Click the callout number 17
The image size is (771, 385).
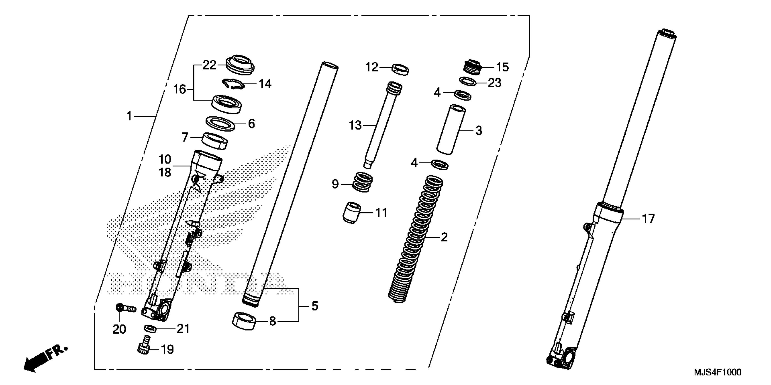click(648, 219)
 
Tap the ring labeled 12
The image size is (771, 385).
click(400, 69)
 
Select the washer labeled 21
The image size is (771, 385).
click(150, 328)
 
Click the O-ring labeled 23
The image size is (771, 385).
click(468, 81)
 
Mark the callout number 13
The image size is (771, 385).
click(355, 125)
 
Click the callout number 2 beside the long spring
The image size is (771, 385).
click(444, 237)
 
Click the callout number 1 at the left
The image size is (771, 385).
click(129, 116)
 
